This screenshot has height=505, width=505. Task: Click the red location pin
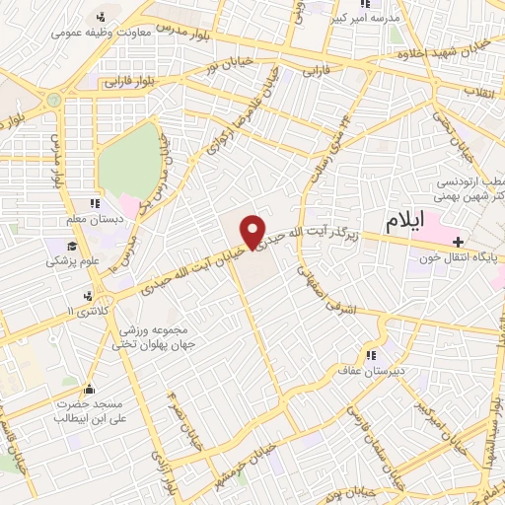pos(253,231)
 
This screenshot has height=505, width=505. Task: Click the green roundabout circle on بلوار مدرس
pos(54,99)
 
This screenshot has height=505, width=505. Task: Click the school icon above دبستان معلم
pos(95,204)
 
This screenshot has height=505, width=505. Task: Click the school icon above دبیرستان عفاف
pos(371,356)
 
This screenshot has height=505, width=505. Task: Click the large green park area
pos(127,164)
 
